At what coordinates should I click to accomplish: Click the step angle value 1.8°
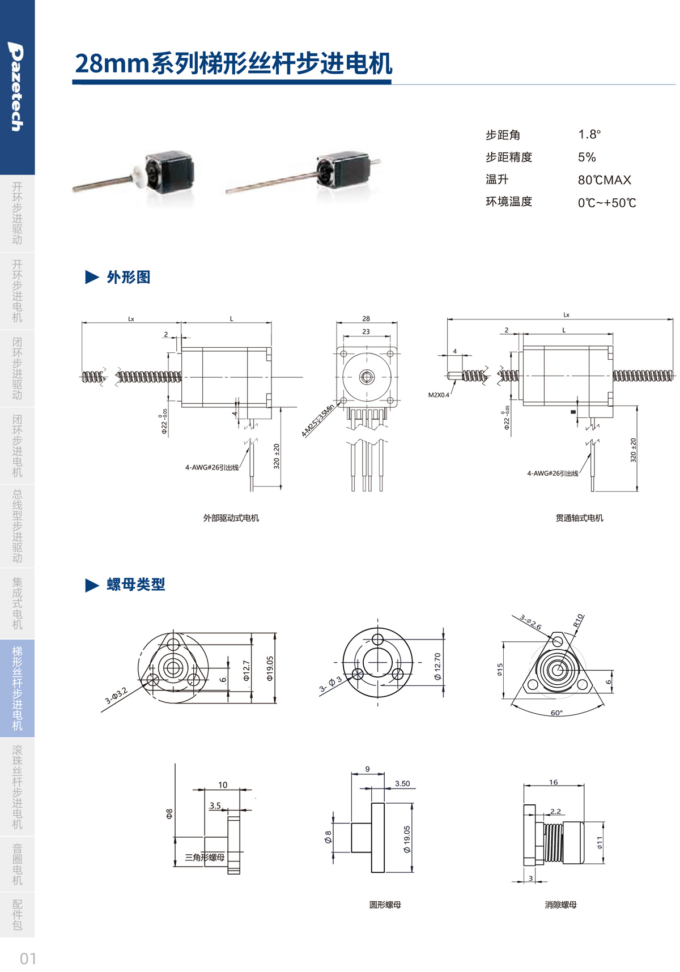(589, 134)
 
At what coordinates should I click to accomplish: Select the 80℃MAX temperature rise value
(604, 180)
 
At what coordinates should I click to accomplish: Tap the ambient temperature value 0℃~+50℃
(607, 203)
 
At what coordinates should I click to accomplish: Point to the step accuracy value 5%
(586, 157)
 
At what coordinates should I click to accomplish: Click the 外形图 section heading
(128, 277)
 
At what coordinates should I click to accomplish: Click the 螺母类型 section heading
(135, 585)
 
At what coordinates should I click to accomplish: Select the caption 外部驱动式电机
(231, 518)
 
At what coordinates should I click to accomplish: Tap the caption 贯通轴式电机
(579, 518)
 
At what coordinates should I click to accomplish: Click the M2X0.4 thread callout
(439, 395)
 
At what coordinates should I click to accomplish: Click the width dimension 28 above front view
(366, 319)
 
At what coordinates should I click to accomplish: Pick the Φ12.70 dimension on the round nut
(437, 666)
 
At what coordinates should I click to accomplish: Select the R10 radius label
(578, 620)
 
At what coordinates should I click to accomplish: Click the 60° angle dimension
(556, 713)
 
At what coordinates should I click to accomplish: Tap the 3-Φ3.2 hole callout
(116, 696)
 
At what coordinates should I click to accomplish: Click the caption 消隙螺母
(560, 905)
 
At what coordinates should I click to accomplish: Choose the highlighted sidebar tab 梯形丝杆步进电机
(17, 688)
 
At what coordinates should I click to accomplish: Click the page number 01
(28, 958)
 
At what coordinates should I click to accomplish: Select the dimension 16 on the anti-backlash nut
(553, 782)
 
